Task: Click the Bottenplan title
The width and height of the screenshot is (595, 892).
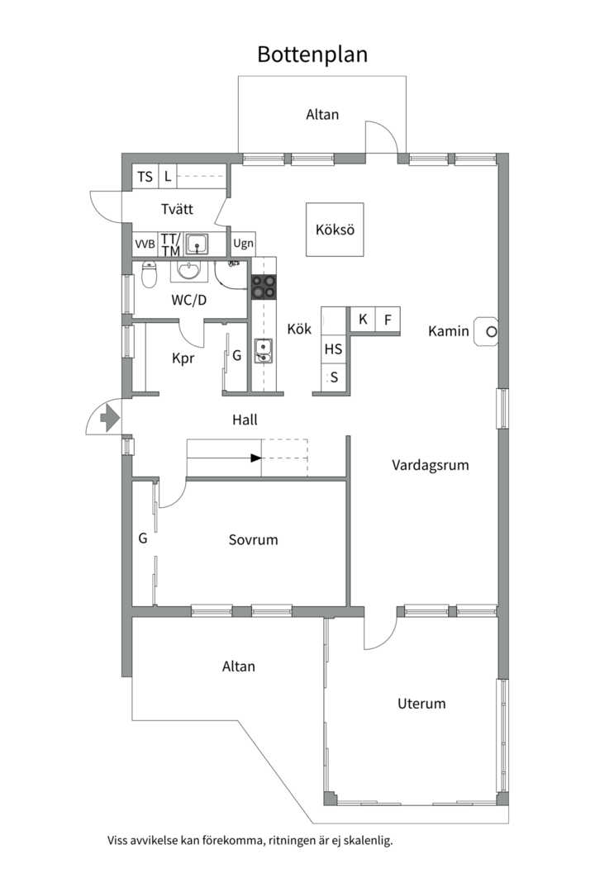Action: (312, 55)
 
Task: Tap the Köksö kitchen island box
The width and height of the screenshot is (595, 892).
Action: (335, 230)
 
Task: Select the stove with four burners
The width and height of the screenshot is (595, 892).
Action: (264, 287)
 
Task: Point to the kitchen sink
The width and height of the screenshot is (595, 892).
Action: (263, 350)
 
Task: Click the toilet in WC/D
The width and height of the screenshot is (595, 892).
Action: (150, 274)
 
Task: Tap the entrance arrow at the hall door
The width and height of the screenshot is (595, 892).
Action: (109, 419)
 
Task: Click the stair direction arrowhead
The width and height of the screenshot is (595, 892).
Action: (256, 458)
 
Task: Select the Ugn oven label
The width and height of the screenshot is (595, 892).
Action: (243, 244)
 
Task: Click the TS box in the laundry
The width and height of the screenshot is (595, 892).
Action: (145, 177)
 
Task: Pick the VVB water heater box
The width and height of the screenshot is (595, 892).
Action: (145, 244)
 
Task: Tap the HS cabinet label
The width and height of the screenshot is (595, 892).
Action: (333, 349)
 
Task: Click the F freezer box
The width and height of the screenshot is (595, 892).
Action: (388, 320)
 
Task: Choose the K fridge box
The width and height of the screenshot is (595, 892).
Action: (363, 320)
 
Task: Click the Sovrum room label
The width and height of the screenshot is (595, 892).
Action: (254, 539)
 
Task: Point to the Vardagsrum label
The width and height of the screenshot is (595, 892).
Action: (431, 465)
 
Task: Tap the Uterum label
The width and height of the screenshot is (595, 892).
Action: (421, 703)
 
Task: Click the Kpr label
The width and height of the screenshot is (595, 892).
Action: (183, 358)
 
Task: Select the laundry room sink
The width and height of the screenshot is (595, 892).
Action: (197, 244)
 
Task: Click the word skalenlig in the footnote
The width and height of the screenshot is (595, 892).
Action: (370, 840)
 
